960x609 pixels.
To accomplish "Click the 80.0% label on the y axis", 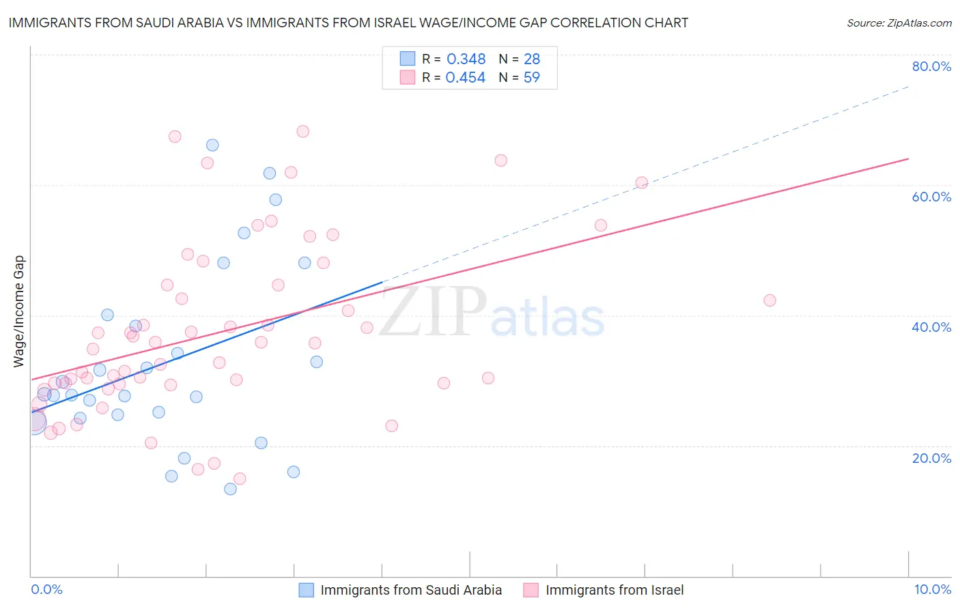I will pyautogui.click(x=931, y=66).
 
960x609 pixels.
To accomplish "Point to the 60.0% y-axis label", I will pyautogui.click(x=931, y=197).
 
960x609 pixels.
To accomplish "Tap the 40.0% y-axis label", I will pyautogui.click(x=931, y=327).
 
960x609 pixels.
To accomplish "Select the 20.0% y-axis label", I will pyautogui.click(x=931, y=457).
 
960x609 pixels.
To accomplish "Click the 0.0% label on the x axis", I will pyautogui.click(x=46, y=589).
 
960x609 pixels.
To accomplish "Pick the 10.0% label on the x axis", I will pyautogui.click(x=932, y=589).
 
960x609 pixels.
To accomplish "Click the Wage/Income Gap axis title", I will pyautogui.click(x=19, y=311).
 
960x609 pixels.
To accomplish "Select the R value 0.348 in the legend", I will pyautogui.click(x=466, y=59).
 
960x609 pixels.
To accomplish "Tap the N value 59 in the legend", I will pyautogui.click(x=531, y=77).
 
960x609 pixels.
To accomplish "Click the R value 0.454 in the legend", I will pyautogui.click(x=466, y=77).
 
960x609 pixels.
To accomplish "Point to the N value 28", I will pyautogui.click(x=531, y=59).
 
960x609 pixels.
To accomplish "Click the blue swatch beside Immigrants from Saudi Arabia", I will pyautogui.click(x=307, y=590).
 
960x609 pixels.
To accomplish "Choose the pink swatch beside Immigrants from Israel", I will pyautogui.click(x=531, y=590).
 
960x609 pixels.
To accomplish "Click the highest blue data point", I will pyautogui.click(x=212, y=145).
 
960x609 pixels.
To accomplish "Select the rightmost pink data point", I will pyautogui.click(x=770, y=300).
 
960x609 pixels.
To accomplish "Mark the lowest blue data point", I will pyautogui.click(x=230, y=489).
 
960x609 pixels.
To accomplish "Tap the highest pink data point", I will pyautogui.click(x=303, y=131).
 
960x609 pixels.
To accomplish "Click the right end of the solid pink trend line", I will pyautogui.click(x=908, y=158).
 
